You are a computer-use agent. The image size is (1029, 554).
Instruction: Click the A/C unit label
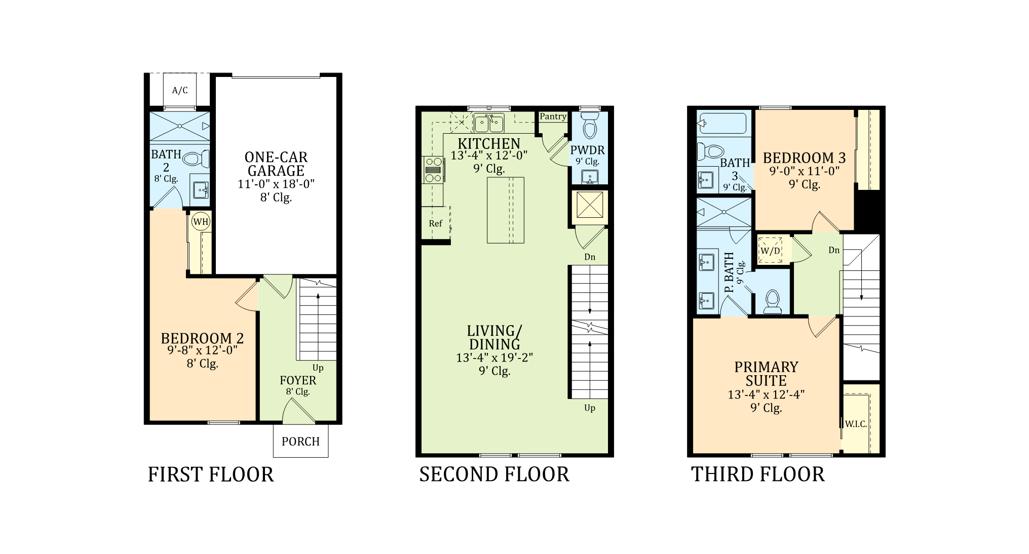180,91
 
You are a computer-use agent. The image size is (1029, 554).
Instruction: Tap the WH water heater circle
201,221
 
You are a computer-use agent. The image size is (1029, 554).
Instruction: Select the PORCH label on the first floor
301,442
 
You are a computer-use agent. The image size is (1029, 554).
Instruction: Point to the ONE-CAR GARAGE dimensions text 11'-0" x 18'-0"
276,184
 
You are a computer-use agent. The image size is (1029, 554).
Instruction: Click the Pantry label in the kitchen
553,116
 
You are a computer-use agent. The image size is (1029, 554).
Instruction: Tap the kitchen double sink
489,123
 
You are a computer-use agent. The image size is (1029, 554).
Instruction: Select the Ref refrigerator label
436,223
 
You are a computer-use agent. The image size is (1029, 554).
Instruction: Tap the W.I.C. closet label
856,424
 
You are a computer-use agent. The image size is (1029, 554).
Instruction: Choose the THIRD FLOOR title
758,474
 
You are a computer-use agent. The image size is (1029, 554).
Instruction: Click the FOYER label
298,380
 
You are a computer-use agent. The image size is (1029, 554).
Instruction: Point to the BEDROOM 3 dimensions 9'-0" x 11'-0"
805,171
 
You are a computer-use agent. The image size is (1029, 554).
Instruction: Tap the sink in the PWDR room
589,177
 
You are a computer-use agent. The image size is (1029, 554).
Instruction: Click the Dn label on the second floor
590,257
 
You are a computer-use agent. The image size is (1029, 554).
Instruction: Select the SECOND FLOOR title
494,474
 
